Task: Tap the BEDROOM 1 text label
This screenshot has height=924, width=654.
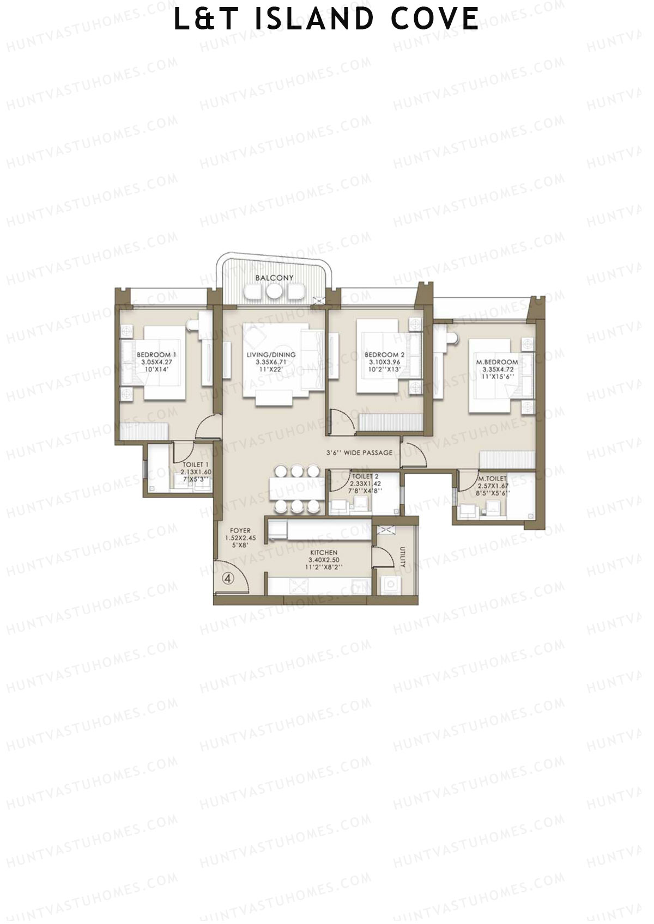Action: tap(156, 354)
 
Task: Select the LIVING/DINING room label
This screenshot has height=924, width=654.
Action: tap(271, 354)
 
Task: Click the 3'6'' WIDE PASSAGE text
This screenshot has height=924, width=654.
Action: tap(359, 452)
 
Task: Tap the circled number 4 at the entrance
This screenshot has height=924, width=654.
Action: tap(228, 579)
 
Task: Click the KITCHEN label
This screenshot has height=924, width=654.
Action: tap(324, 552)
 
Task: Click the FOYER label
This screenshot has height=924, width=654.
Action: tap(240, 530)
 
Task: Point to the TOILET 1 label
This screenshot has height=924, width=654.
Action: tap(195, 464)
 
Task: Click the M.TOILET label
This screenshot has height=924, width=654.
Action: tap(492, 478)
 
